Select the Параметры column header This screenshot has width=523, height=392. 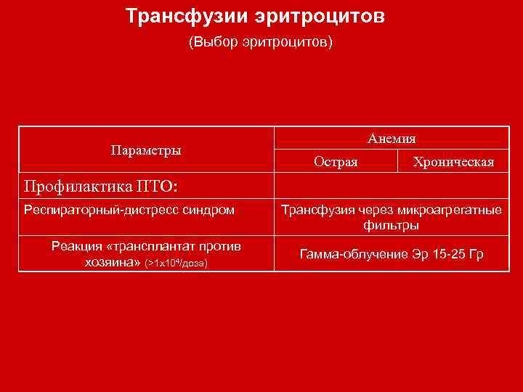pyautogui.click(x=146, y=150)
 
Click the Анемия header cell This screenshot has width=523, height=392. pyautogui.click(x=392, y=138)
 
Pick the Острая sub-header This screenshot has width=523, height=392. pyautogui.click(x=336, y=162)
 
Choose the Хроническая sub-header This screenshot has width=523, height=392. pyautogui.click(x=453, y=162)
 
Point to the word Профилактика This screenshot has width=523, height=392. pyautogui.click(x=75, y=187)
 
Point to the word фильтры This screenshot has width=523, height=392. pyautogui.click(x=392, y=226)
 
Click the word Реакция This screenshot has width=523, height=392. pyautogui.click(x=77, y=247)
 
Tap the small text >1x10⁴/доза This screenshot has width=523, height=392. pyautogui.click(x=177, y=263)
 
